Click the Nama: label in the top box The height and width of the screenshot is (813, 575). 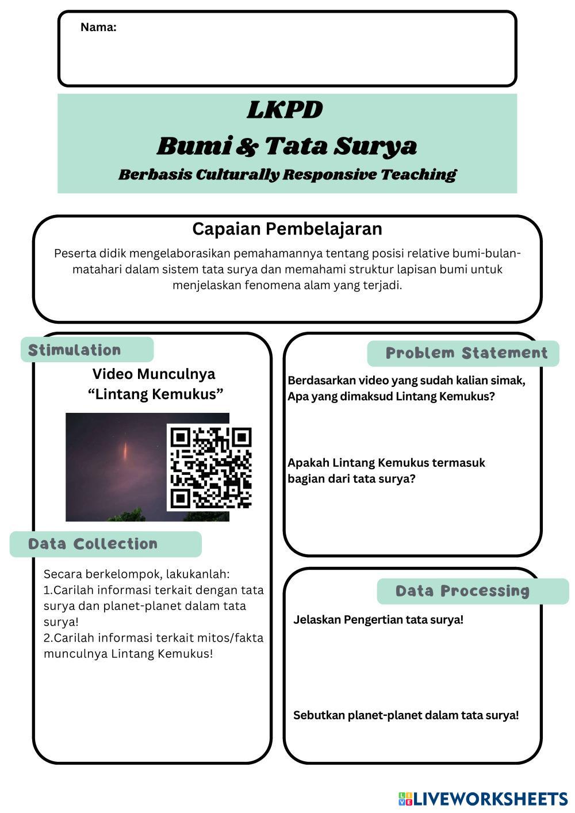(x=98, y=27)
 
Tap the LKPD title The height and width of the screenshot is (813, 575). (x=285, y=110)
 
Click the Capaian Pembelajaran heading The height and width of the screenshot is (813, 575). (x=287, y=229)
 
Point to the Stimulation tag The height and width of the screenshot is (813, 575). (x=75, y=350)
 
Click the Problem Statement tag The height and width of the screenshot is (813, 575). (x=466, y=353)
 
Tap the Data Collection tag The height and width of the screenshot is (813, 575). (x=93, y=544)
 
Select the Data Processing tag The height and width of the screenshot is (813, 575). (x=462, y=591)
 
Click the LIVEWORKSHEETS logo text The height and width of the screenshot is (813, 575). (x=490, y=799)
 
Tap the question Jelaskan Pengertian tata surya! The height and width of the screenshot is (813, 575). (x=378, y=620)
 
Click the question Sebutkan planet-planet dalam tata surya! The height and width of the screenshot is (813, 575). (x=406, y=715)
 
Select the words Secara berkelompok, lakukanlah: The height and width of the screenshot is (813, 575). (x=137, y=574)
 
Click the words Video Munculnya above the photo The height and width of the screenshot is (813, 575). (x=154, y=374)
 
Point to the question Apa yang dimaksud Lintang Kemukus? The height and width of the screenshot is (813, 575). (x=391, y=396)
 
